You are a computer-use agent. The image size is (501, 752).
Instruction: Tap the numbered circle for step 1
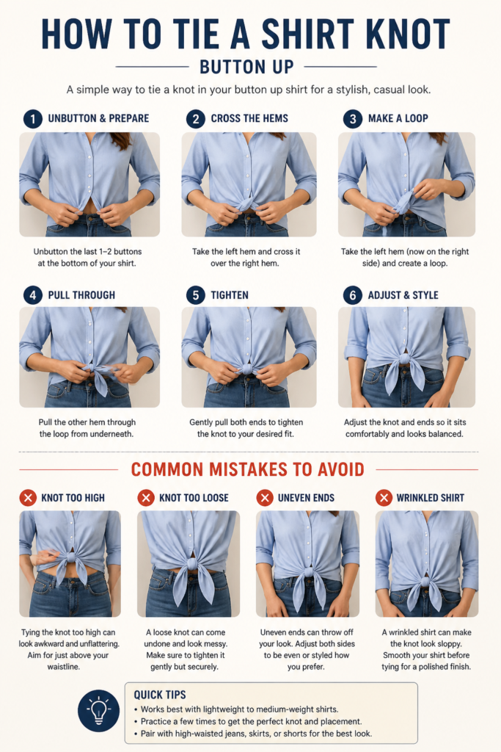point(32,118)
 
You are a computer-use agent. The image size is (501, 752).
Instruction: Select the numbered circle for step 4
point(32,295)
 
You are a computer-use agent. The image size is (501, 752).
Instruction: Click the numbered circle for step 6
point(353,295)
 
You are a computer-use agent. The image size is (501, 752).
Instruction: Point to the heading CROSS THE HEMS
point(249,118)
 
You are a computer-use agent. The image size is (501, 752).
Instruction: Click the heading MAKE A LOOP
point(398,118)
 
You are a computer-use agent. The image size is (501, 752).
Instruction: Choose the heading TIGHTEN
point(230,295)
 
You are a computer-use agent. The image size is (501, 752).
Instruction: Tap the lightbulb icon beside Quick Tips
point(99,710)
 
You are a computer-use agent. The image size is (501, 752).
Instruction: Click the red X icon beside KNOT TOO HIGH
point(28,498)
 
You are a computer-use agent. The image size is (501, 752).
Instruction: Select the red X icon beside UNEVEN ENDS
point(264,498)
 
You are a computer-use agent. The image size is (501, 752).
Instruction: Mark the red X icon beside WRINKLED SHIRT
point(383,498)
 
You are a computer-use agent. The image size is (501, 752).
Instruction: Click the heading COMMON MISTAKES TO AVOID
point(248,469)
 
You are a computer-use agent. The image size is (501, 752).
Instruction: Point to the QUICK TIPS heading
point(160,695)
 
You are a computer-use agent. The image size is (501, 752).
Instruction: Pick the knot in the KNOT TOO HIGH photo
point(70,559)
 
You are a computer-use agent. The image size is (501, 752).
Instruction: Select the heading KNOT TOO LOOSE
point(194,498)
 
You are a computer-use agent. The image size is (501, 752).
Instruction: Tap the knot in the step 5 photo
point(247,369)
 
